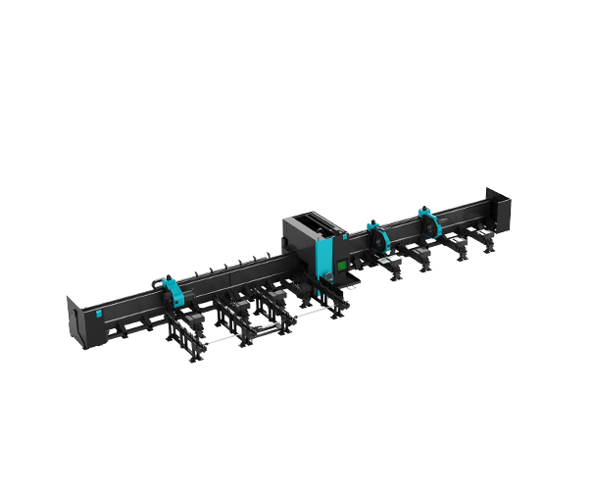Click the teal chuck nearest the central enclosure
point(373,236)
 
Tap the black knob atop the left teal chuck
point(160,281)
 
